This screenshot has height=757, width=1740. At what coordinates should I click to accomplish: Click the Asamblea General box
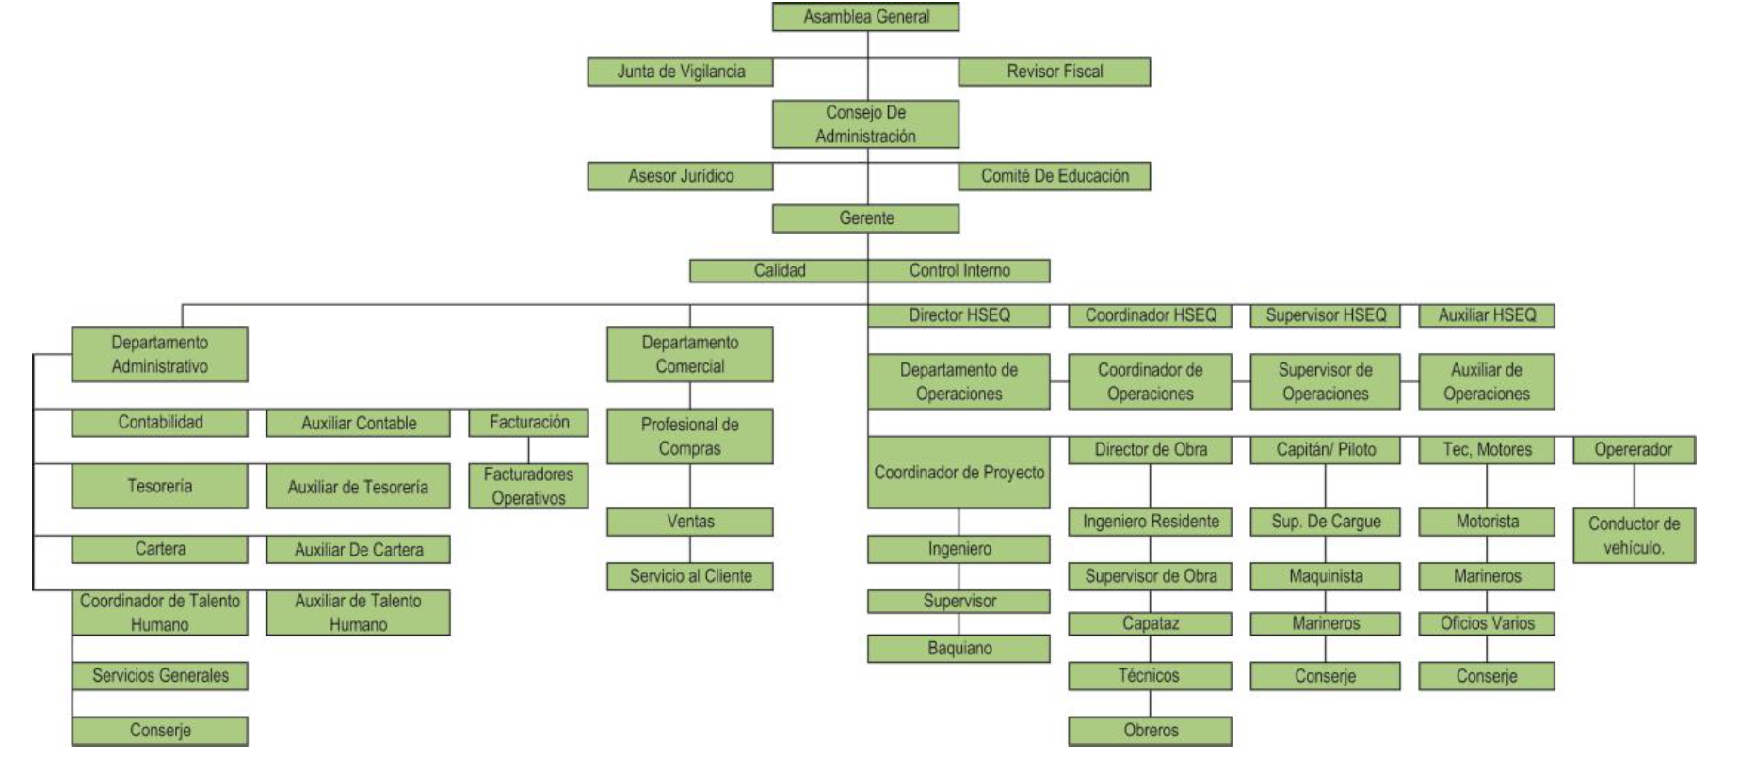pos(865,17)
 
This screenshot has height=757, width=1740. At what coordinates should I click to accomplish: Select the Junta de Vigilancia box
pos(680,72)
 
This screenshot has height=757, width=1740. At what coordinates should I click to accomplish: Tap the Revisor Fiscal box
pos(1054,72)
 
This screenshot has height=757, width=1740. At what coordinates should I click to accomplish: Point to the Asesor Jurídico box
pos(680,176)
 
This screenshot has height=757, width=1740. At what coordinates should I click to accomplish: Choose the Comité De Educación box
pos(1054,176)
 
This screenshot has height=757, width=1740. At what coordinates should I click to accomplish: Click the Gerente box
pos(865,218)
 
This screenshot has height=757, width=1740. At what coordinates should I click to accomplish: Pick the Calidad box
pos(779,271)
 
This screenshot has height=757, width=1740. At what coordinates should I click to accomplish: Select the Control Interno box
pos(959,271)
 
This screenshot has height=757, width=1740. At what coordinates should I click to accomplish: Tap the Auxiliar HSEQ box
pos(1486,315)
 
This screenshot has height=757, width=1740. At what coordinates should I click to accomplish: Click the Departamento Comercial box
pos(689,354)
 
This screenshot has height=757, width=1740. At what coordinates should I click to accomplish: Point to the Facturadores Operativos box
pos(528,486)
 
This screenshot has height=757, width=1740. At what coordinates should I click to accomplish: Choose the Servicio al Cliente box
pos(689,576)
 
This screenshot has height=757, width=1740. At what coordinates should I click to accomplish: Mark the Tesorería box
pos(159,486)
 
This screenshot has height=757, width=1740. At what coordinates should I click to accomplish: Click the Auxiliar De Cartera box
pos(358,549)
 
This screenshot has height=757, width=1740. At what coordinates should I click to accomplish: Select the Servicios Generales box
pos(159,675)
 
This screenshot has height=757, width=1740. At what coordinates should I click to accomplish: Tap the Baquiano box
pos(959,648)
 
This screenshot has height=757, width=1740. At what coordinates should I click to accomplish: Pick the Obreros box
pos(1150,730)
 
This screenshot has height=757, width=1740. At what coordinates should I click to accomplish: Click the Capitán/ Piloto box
pos(1325,450)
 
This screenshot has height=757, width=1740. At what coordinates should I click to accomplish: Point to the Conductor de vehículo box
pos(1633,535)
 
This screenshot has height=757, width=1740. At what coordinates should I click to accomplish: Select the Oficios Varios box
pos(1486,623)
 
